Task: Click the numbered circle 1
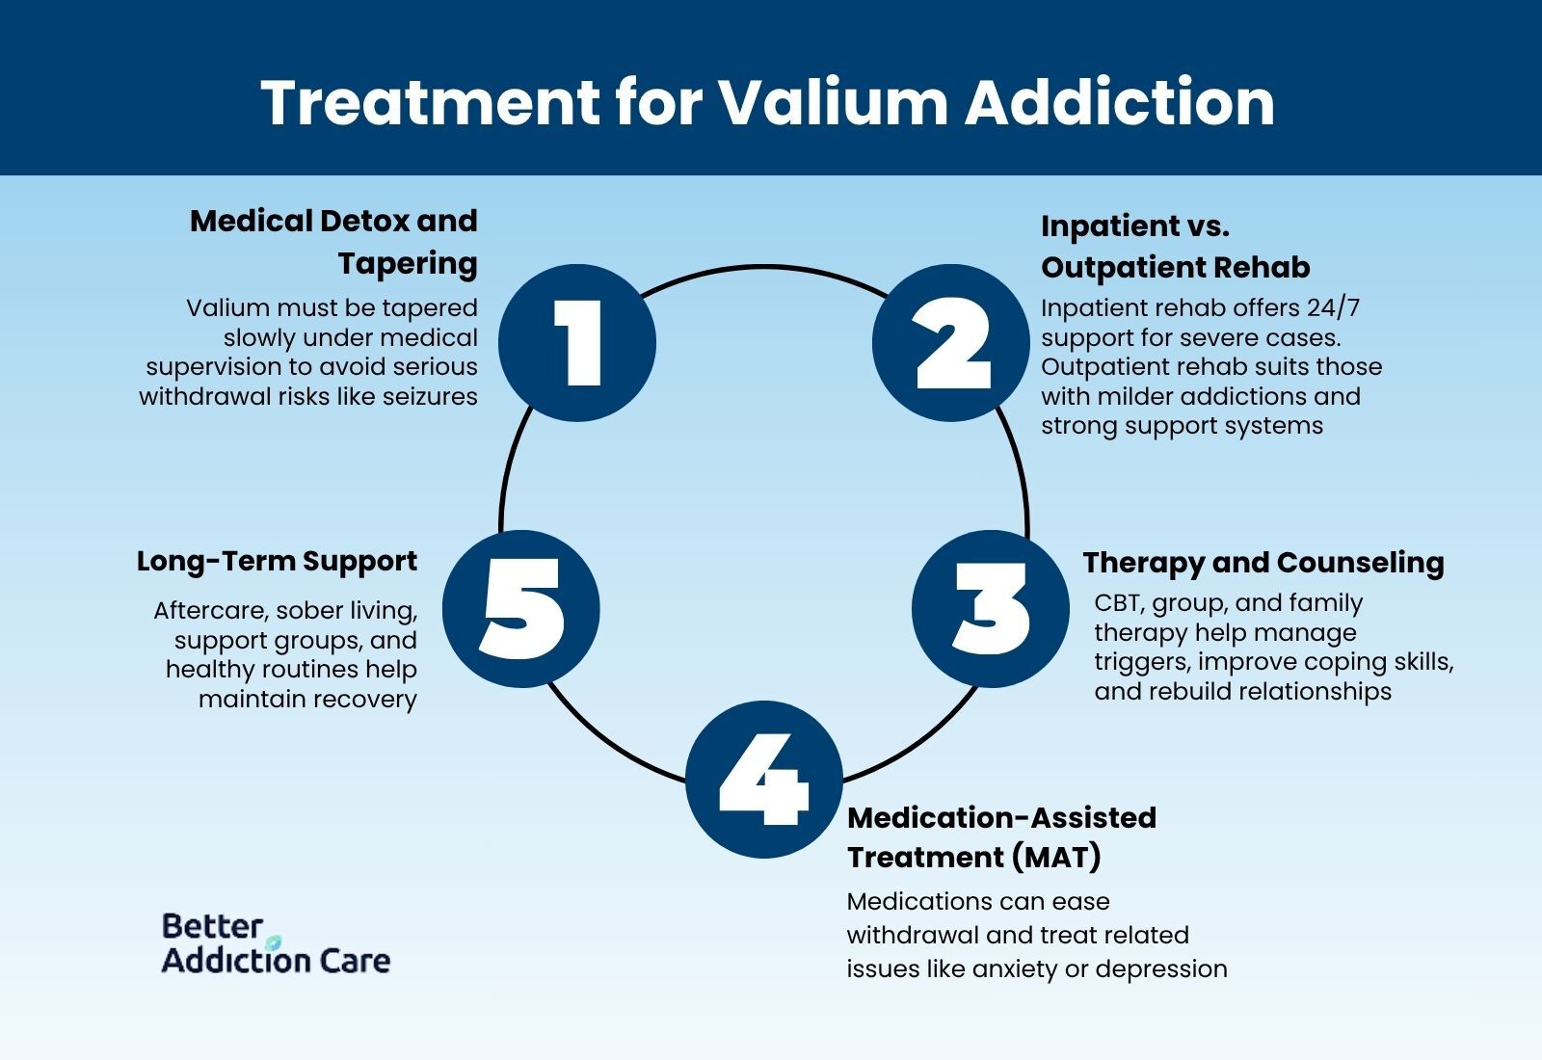(577, 343)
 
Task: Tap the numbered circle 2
(951, 343)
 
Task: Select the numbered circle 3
(991, 609)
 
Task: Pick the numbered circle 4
(764, 779)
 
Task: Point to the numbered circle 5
(521, 609)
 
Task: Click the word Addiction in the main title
(1120, 101)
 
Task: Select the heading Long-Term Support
(277, 561)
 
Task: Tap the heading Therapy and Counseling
(1263, 562)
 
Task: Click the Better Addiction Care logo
(276, 943)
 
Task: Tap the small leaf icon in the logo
(274, 941)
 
